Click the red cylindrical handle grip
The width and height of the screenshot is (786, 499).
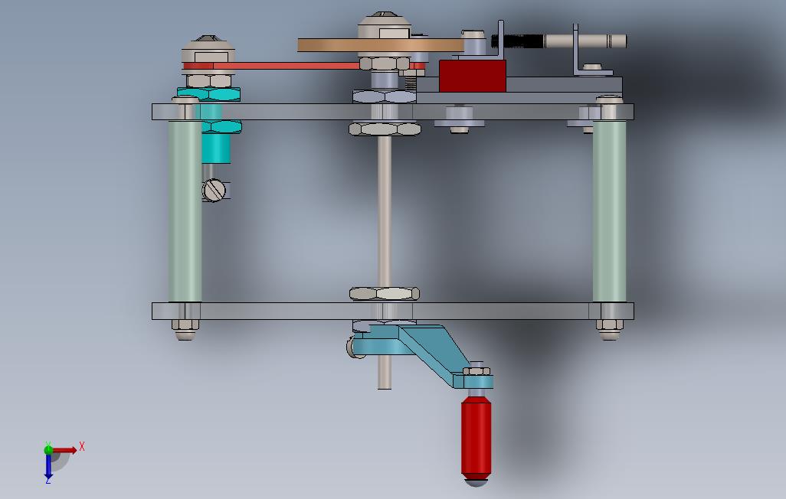[476, 436]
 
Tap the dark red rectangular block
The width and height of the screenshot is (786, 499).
[472, 77]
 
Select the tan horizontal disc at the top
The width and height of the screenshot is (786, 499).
[381, 46]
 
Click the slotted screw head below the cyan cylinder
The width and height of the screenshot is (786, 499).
[214, 191]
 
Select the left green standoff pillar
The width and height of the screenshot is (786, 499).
[185, 211]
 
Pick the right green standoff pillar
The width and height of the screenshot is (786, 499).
[610, 211]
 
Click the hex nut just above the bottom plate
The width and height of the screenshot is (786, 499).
[385, 294]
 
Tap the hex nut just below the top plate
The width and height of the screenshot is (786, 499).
[385, 129]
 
